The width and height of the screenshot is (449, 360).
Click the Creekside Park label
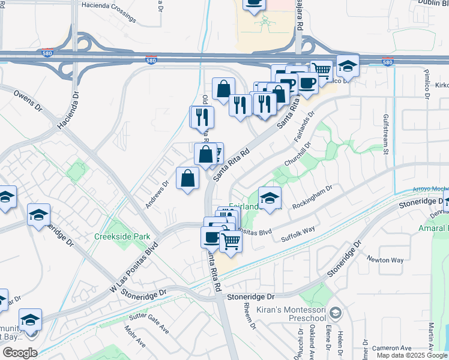tap(122, 236)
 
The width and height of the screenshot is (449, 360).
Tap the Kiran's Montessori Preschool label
tap(291, 313)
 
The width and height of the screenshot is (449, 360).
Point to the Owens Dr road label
tap(28, 101)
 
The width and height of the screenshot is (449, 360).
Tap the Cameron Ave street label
tap(391, 348)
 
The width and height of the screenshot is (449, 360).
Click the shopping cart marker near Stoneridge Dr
tap(230, 242)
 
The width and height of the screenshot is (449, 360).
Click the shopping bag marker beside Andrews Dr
tap(188, 178)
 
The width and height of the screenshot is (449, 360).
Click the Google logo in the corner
tap(20, 353)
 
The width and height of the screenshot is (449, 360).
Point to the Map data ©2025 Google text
tap(411, 355)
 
